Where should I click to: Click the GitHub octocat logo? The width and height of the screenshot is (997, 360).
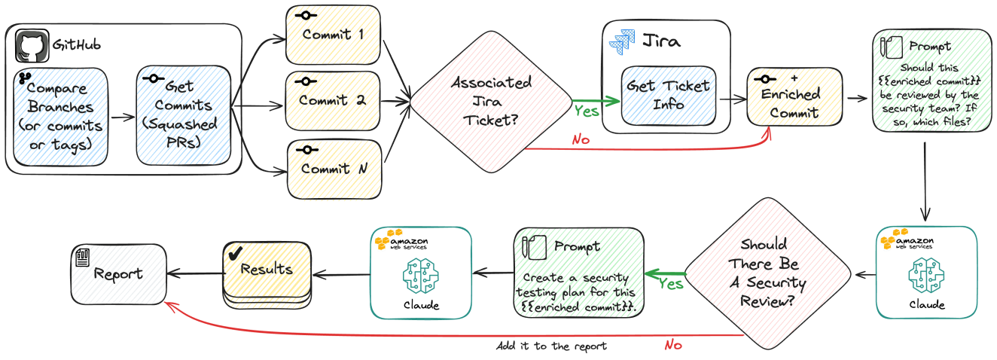click(32, 46)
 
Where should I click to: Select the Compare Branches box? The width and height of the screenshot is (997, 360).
click(60, 117)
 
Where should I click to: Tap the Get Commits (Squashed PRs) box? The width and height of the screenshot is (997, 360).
click(184, 116)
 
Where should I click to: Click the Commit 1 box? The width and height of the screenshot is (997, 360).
click(333, 35)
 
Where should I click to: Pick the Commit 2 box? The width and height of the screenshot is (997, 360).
click(333, 101)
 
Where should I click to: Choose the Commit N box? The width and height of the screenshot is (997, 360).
click(334, 169)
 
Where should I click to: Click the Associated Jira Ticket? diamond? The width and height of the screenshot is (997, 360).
click(491, 102)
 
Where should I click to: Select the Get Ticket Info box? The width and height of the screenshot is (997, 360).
click(669, 96)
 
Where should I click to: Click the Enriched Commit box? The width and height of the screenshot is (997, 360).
click(794, 97)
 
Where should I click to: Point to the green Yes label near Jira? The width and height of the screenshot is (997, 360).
click(586, 111)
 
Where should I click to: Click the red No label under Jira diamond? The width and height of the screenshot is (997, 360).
click(581, 140)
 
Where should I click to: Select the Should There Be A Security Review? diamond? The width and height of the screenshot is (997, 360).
click(768, 273)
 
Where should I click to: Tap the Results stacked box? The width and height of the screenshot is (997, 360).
click(267, 275)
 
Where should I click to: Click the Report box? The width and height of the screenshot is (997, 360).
click(119, 274)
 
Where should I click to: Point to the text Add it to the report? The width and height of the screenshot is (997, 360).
click(551, 346)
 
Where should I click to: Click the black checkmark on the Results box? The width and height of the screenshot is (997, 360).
click(235, 254)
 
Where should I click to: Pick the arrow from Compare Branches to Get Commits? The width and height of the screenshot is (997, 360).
click(123, 117)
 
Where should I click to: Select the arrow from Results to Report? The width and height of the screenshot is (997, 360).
click(195, 273)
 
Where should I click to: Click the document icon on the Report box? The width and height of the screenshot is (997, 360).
click(82, 258)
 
